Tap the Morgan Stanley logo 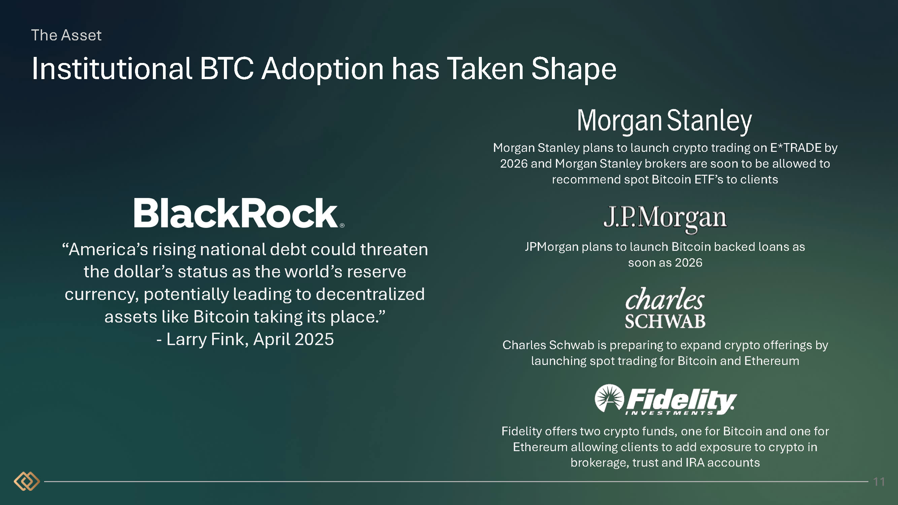tap(664, 121)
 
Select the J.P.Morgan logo tap(665, 219)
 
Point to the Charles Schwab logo tap(665, 308)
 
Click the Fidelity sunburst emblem tap(609, 398)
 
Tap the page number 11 tap(879, 482)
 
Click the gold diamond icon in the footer tap(27, 481)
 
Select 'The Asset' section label tap(66, 35)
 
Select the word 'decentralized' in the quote tap(370, 294)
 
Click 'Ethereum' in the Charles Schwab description tap(771, 361)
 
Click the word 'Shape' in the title tap(574, 69)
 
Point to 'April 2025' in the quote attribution tap(294, 339)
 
